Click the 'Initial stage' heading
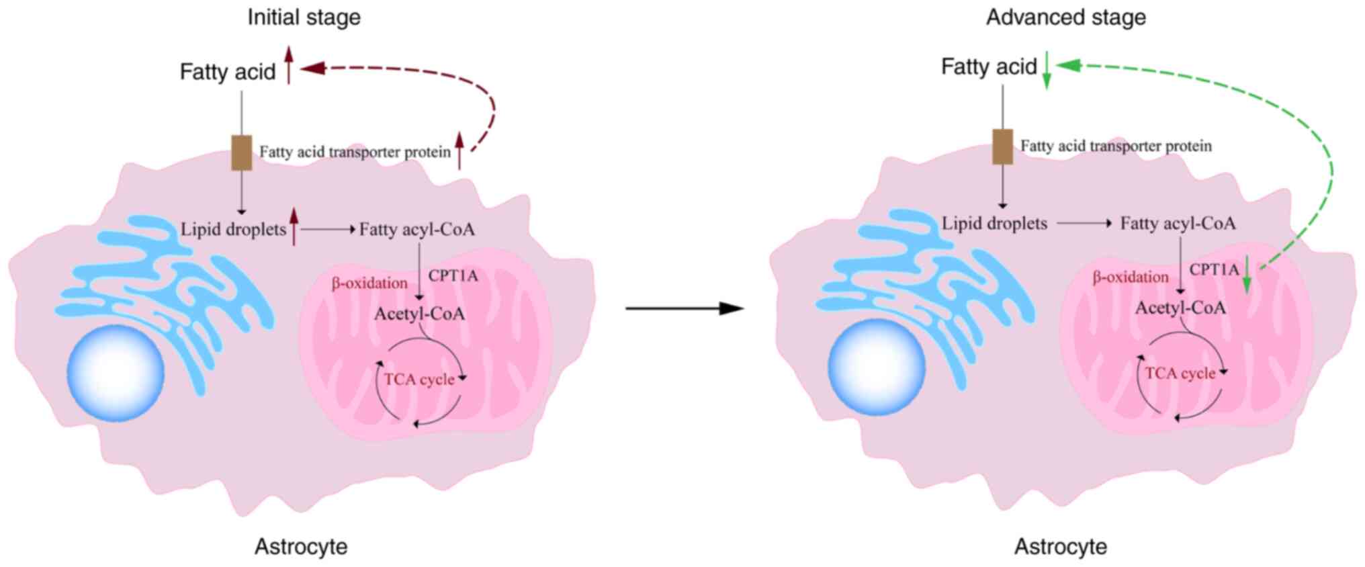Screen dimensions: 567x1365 pos(304,17)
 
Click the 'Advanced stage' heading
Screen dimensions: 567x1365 pos(1065,17)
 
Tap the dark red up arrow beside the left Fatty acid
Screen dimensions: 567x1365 pos(289,65)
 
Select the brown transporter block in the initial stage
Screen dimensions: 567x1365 pos(242,152)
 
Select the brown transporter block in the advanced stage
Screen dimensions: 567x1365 pos(1003,146)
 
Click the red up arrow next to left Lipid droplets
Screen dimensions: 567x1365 pos(294,226)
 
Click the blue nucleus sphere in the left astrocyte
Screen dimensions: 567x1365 pos(116,373)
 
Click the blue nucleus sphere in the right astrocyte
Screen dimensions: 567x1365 pos(877,367)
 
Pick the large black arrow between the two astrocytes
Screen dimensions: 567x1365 pos(685,308)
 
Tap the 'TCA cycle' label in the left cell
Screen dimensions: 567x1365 pos(419,380)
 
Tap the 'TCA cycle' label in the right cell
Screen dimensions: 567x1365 pos(1180,374)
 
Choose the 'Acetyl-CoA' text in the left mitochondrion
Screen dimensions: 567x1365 pos(419,314)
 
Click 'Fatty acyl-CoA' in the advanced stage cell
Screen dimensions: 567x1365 pos(1178,224)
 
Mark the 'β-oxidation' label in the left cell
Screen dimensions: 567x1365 pos(369,283)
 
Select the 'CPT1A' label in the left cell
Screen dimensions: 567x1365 pos(453,275)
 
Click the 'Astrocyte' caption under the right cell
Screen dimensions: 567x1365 pos(1061,546)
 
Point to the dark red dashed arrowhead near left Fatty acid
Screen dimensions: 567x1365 pos(313,68)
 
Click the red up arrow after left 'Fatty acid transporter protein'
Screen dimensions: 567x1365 pos(459,150)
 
